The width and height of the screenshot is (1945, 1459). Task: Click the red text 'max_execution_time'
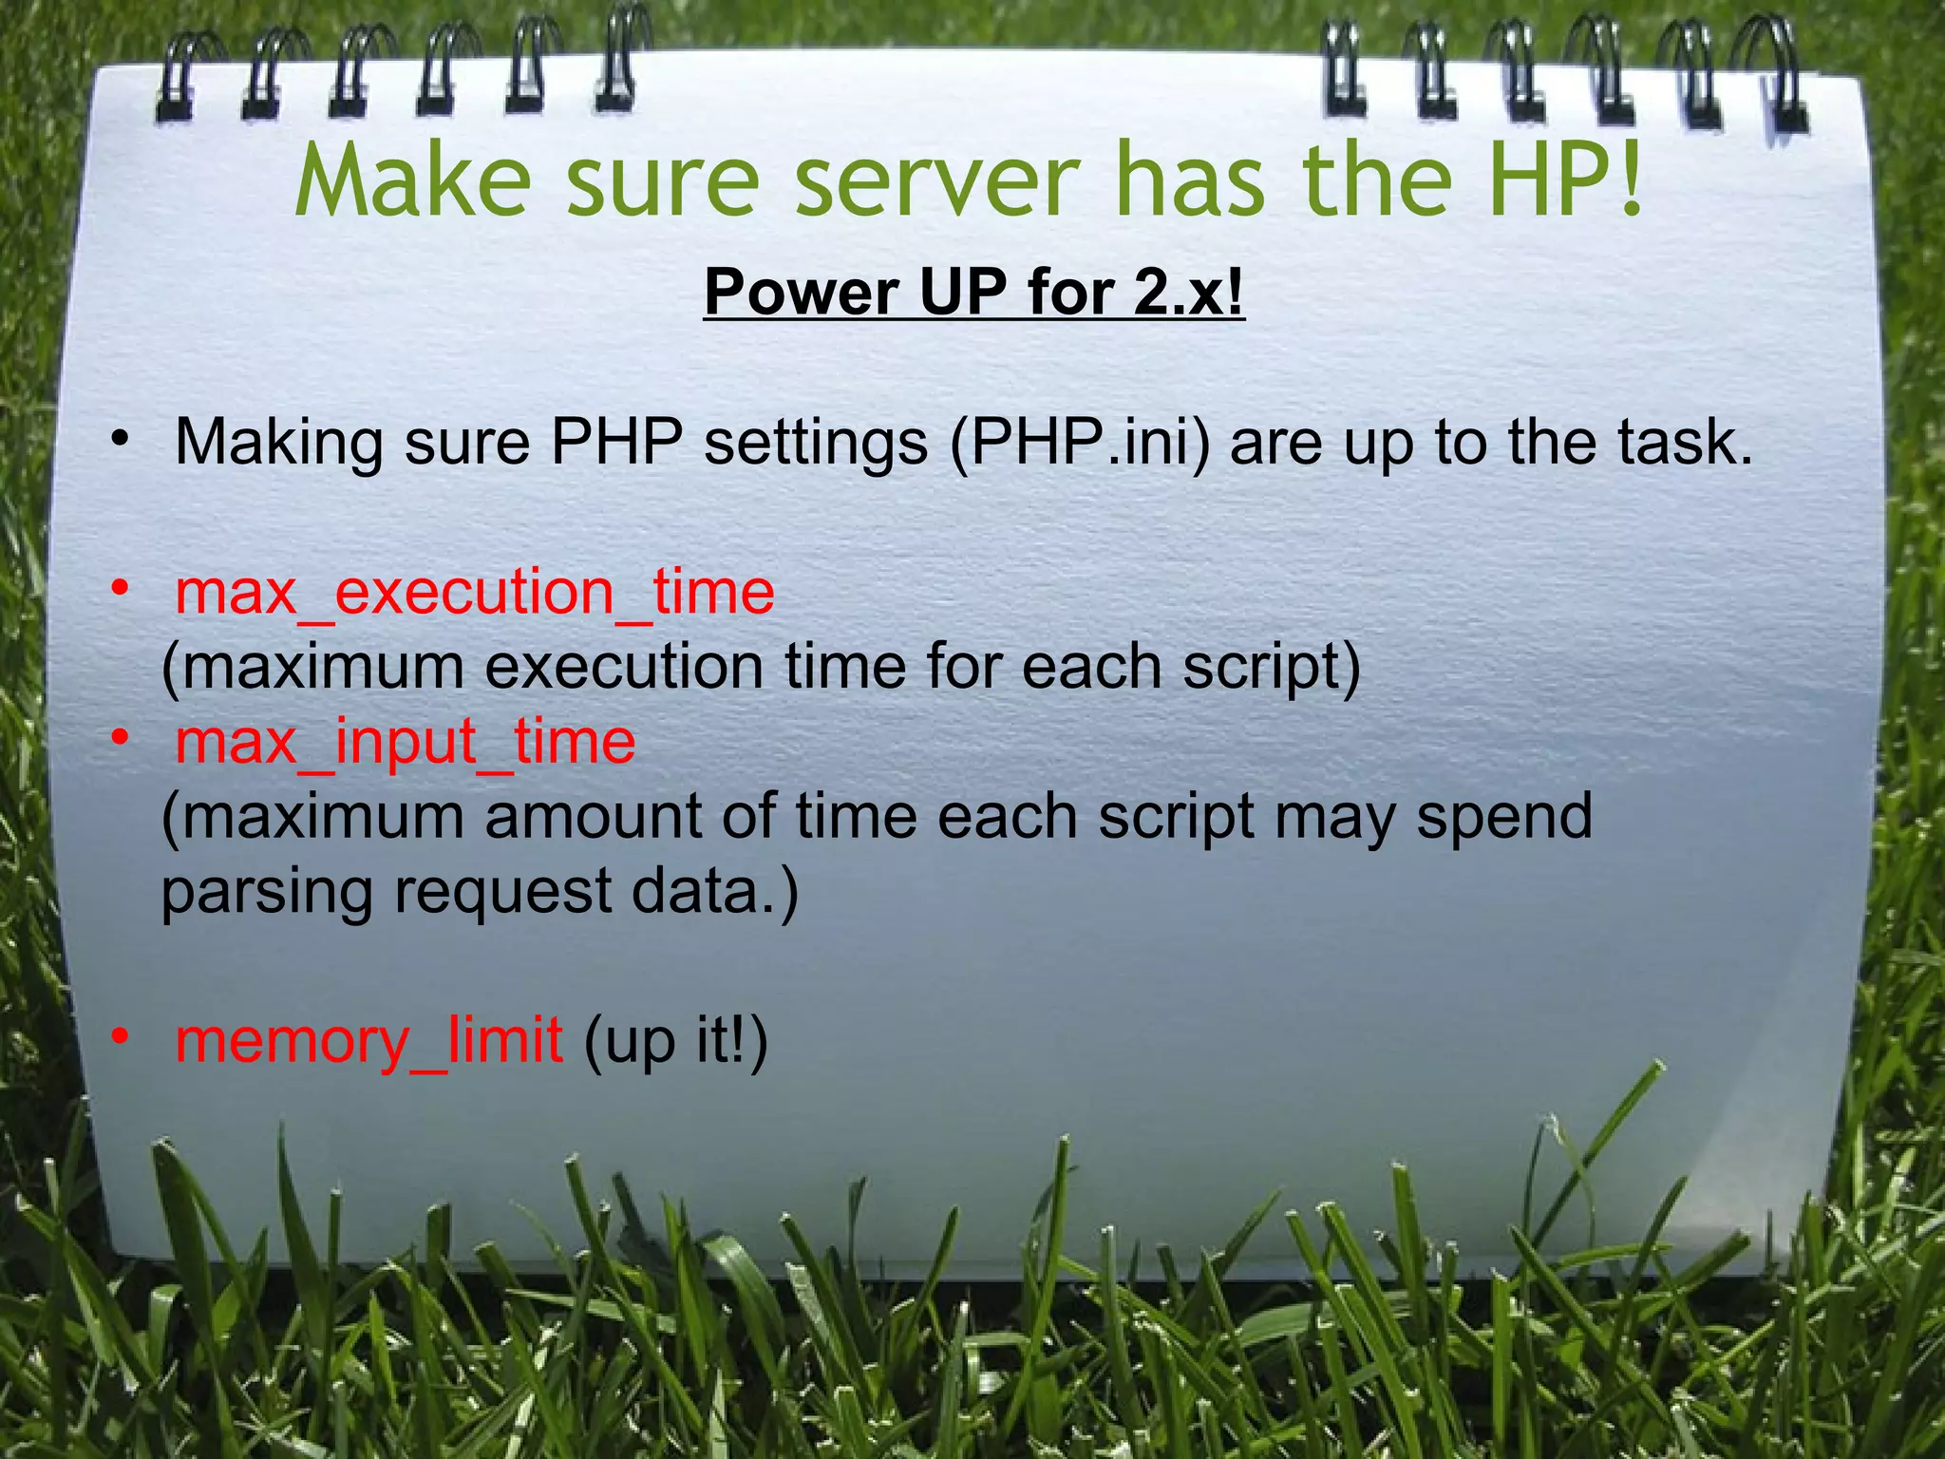[x=475, y=593]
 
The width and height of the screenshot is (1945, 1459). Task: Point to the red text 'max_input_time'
[x=406, y=742]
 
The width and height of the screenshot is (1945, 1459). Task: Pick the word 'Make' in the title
[x=414, y=180]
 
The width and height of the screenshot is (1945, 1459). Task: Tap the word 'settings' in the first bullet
[x=816, y=443]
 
